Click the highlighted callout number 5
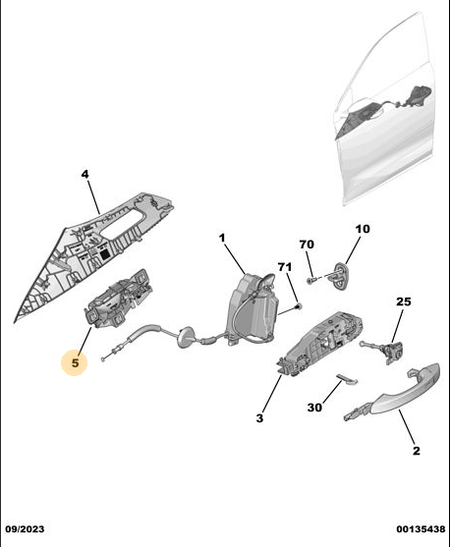pyautogui.click(x=75, y=362)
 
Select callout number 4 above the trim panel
pyautogui.click(x=84, y=174)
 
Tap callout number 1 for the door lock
pyautogui.click(x=222, y=238)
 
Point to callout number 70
pyautogui.click(x=307, y=245)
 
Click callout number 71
pyautogui.click(x=285, y=267)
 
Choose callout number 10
pyautogui.click(x=363, y=229)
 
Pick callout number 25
pyautogui.click(x=403, y=301)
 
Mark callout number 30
pyautogui.click(x=314, y=408)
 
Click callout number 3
pyautogui.click(x=259, y=418)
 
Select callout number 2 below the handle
pyautogui.click(x=417, y=451)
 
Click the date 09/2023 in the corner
pyautogui.click(x=25, y=529)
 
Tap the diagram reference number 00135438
pyautogui.click(x=421, y=529)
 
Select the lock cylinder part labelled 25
pyautogui.click(x=391, y=350)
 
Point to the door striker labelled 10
pyautogui.click(x=340, y=276)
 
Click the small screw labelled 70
pyautogui.click(x=310, y=280)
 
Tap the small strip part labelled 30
pyautogui.click(x=348, y=379)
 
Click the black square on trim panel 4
pyautogui.click(x=105, y=254)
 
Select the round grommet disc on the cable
pyautogui.click(x=185, y=337)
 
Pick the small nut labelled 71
pyautogui.click(x=298, y=306)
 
